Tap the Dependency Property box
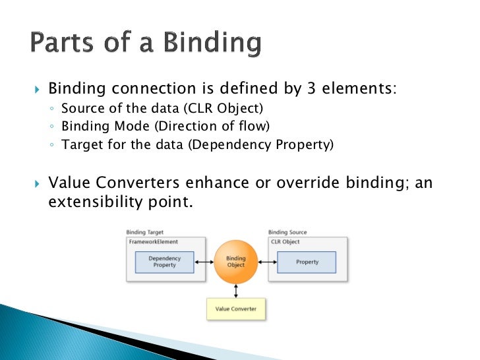[x=164, y=262]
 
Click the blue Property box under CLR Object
[x=307, y=262]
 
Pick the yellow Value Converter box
[x=235, y=309]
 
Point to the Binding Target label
[x=144, y=233]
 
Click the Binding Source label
[x=287, y=233]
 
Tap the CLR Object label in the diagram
[x=285, y=242]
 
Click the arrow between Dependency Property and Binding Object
[x=204, y=262]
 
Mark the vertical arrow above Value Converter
[x=235, y=289]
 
